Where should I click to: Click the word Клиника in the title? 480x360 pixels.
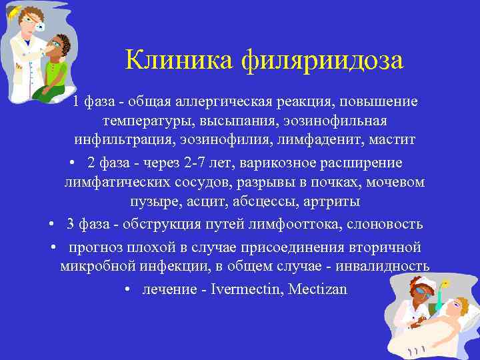(170, 61)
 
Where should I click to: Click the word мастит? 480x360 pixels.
(393, 140)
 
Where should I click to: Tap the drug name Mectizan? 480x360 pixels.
(318, 290)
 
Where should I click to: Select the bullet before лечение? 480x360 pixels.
(127, 291)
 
